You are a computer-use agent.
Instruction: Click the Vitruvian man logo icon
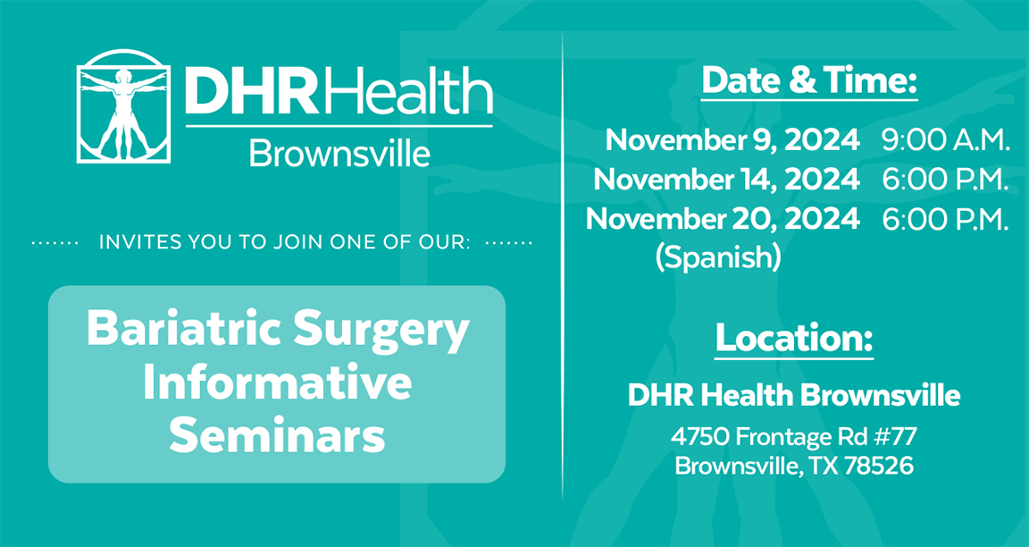click(x=124, y=105)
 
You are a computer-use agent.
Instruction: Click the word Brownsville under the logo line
click(x=339, y=154)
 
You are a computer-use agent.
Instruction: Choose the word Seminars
click(x=278, y=437)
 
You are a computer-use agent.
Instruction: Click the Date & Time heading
click(x=809, y=81)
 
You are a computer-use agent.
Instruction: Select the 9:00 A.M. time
click(x=945, y=139)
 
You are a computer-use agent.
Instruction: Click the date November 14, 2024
click(x=726, y=180)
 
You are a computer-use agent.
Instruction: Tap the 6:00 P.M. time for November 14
click(x=945, y=180)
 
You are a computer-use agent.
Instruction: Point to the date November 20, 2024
click(x=723, y=219)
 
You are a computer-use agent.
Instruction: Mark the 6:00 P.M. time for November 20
click(x=945, y=219)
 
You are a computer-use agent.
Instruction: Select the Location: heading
click(x=794, y=338)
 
